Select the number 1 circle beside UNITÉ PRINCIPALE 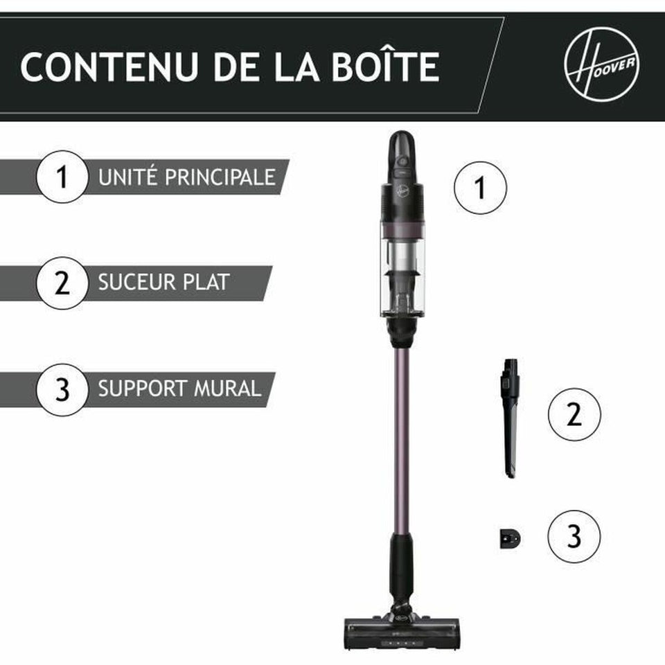click(x=62, y=177)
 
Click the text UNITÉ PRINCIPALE click(x=186, y=177)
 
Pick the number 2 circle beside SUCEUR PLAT click(x=62, y=283)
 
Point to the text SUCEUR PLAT click(x=163, y=283)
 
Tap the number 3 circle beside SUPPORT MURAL click(x=62, y=389)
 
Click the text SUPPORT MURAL click(x=179, y=389)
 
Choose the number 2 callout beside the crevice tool click(x=574, y=415)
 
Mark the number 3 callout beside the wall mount click(x=574, y=537)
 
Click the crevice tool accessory click(x=511, y=416)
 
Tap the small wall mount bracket click(x=509, y=538)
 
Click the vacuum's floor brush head click(x=401, y=633)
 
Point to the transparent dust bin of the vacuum click(x=402, y=270)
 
